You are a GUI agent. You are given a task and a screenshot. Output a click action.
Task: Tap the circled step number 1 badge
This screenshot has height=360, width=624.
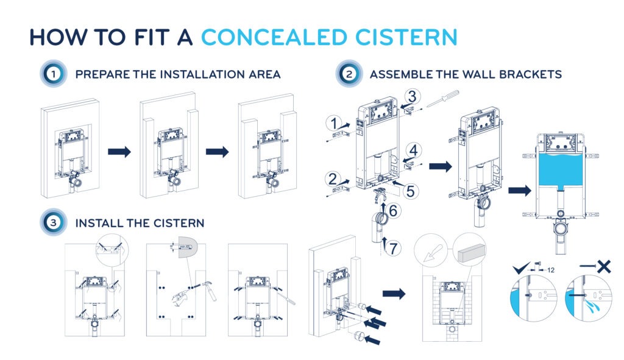point(54,75)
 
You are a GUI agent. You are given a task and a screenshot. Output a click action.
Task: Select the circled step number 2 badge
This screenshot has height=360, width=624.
point(348,75)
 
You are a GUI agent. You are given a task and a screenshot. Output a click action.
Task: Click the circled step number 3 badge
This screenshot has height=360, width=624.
point(54,223)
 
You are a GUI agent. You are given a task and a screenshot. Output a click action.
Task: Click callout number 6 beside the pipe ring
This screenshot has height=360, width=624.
point(394,211)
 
